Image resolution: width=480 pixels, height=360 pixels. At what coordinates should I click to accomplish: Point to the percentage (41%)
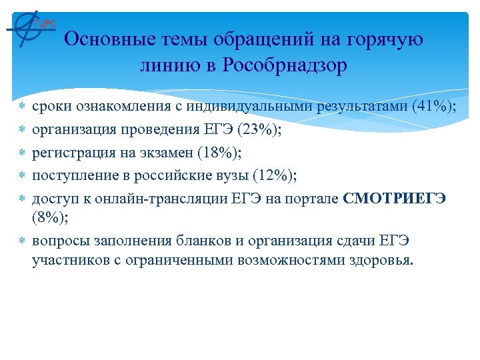[x=434, y=107]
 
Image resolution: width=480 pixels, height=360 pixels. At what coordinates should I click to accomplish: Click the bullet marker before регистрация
[x=23, y=153]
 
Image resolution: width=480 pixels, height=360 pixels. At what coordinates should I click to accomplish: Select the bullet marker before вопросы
[x=23, y=240]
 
